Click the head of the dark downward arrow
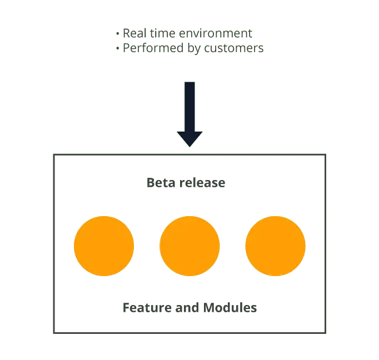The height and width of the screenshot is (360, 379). click(x=189, y=139)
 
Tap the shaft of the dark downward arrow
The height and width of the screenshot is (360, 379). click(x=189, y=106)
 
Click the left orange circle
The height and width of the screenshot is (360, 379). click(x=104, y=246)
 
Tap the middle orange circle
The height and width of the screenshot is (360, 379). click(x=189, y=246)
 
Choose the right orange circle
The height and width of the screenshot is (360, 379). click(x=275, y=246)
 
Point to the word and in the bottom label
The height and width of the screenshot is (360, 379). click(x=186, y=307)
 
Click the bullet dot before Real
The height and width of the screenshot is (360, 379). click(x=118, y=34)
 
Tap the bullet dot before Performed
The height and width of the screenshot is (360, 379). click(x=118, y=49)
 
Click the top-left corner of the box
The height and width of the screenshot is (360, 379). click(x=54, y=154)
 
